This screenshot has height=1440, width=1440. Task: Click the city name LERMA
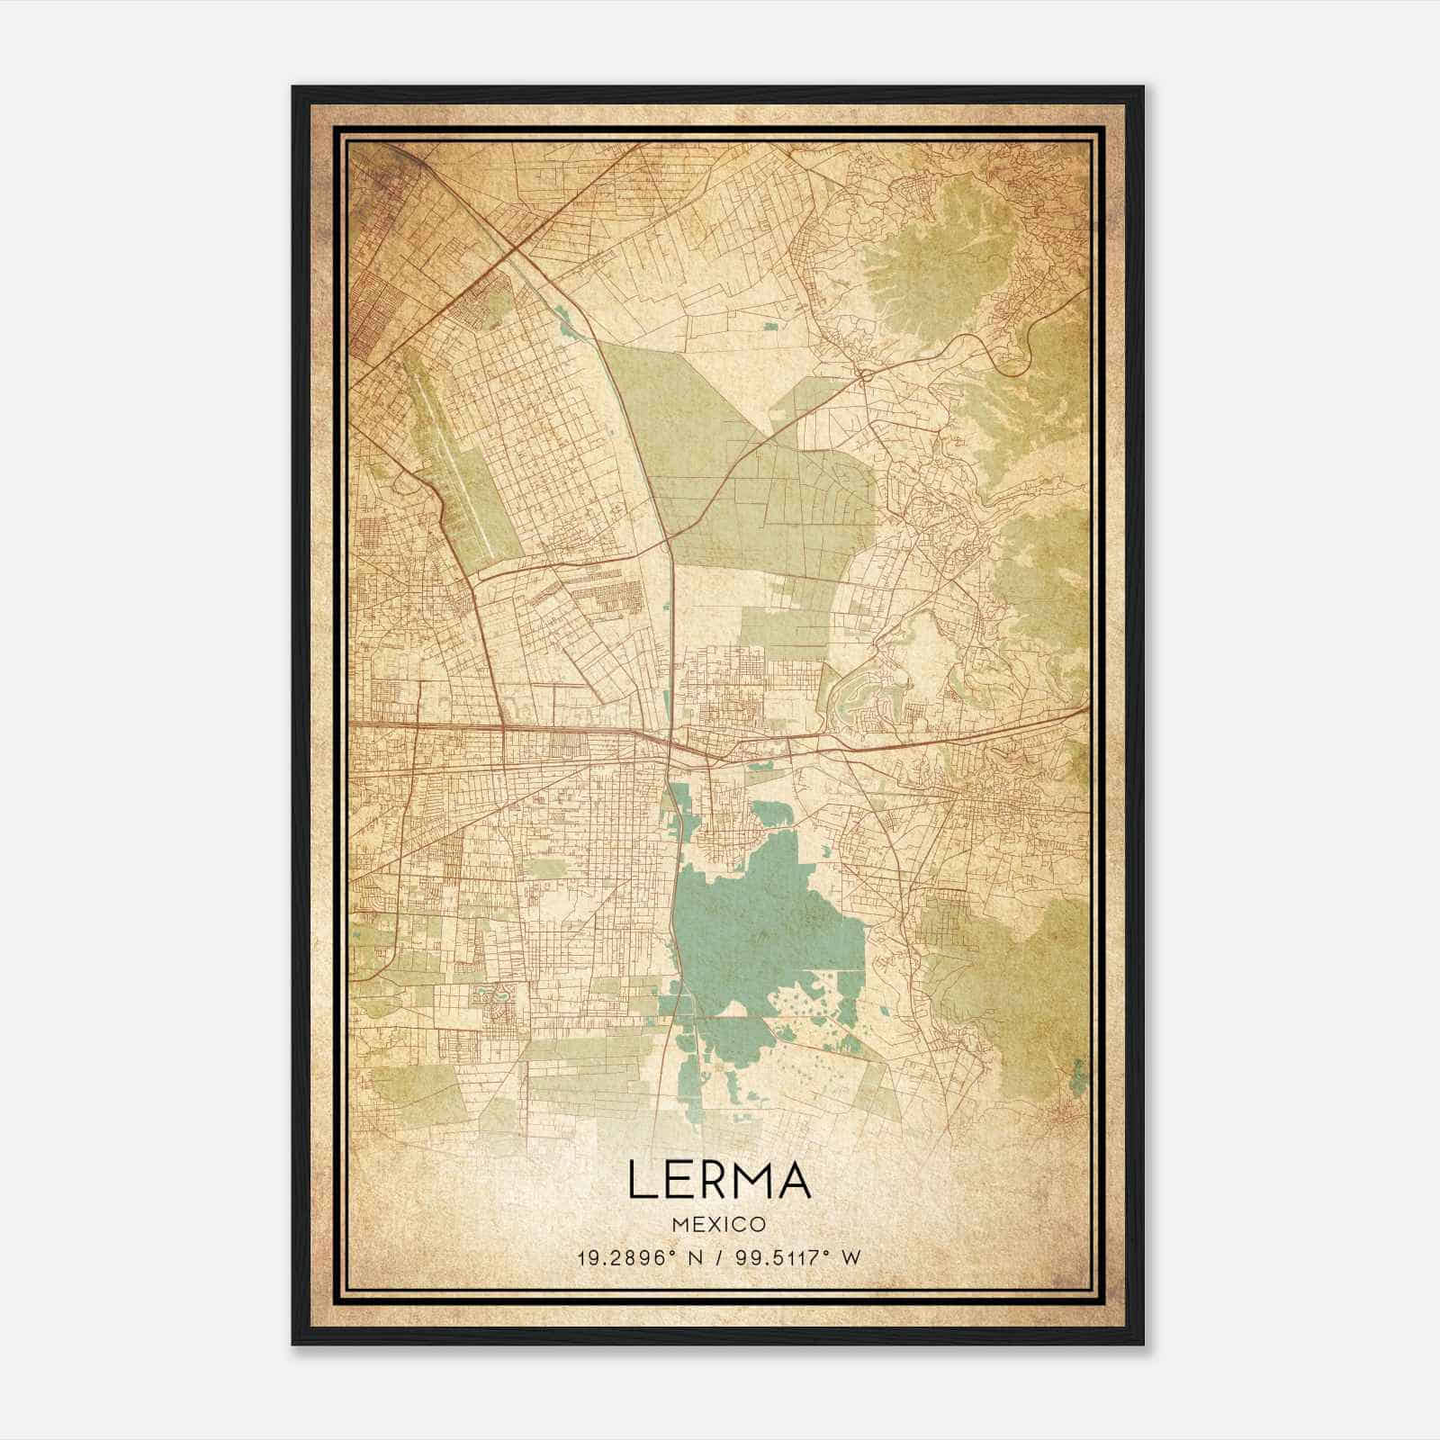(719, 1180)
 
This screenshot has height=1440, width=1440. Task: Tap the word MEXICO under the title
(719, 1225)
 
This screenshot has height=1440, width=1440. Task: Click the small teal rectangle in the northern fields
(771, 327)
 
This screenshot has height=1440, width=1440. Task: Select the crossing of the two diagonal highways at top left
(509, 245)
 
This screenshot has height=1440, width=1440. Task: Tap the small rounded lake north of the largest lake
(772, 815)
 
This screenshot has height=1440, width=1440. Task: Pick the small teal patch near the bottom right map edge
(1078, 1075)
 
